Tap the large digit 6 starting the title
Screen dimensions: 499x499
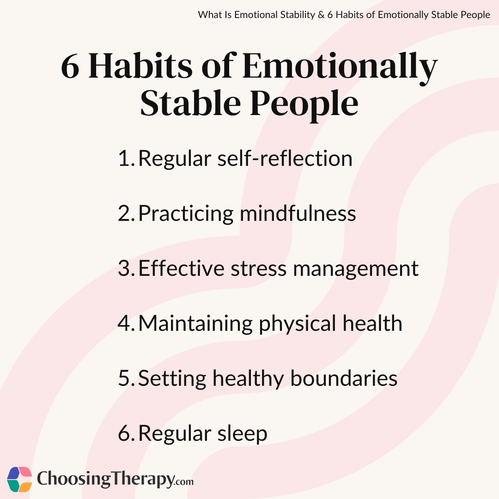click(70, 67)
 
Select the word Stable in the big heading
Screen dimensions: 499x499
click(190, 103)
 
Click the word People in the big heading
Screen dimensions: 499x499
click(304, 105)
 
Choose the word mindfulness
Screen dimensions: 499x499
click(298, 213)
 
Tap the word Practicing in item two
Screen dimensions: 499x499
click(186, 214)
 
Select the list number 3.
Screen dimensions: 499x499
click(127, 268)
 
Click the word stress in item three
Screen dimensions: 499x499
click(258, 268)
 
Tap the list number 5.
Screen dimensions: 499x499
click(127, 378)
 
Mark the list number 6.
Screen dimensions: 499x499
click(127, 433)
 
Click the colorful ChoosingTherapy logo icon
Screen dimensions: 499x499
click(19, 479)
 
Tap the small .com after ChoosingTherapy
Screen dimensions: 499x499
click(184, 481)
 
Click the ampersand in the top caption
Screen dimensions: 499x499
click(321, 15)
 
